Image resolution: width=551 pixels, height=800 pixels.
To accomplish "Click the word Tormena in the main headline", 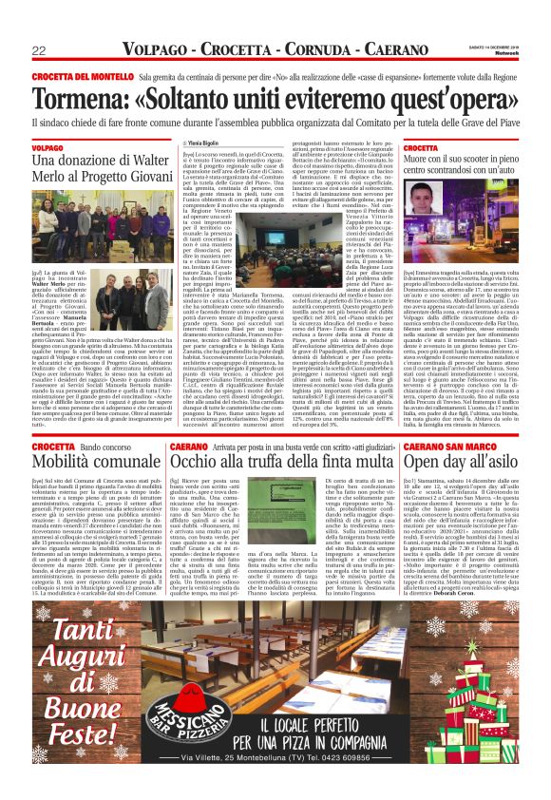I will click(82, 99).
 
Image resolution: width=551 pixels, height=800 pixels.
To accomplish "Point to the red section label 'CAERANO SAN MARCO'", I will click(445, 445).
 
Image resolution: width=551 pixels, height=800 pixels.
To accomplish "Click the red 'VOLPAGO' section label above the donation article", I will click(47, 148).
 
